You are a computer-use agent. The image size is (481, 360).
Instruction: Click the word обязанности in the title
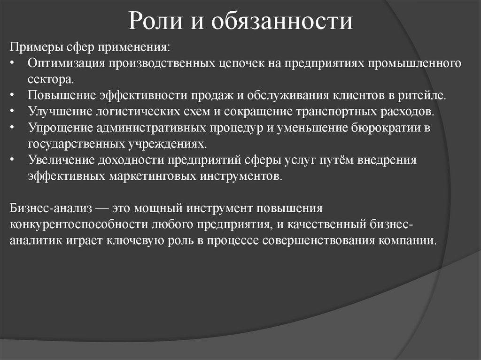point(281,22)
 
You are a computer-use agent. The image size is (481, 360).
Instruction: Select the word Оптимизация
point(66,63)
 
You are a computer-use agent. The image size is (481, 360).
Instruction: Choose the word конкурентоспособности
point(78,224)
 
